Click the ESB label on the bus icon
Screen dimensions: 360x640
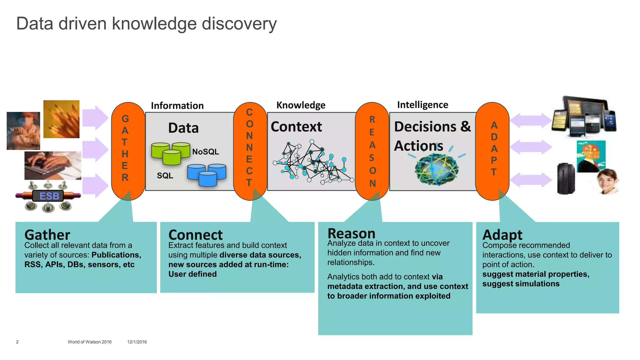tap(49, 196)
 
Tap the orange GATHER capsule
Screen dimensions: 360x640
tap(128, 151)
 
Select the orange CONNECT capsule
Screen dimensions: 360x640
tap(250, 151)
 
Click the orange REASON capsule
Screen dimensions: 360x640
tap(372, 151)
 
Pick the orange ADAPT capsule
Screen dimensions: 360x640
tap(492, 151)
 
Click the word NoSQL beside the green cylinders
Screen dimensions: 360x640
tap(205, 152)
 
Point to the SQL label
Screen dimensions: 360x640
tap(165, 176)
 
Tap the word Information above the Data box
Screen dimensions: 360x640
tap(177, 106)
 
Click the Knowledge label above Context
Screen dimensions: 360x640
tap(301, 105)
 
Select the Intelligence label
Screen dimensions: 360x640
tap(422, 105)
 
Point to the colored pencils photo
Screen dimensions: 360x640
tap(61, 119)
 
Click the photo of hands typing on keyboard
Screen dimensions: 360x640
tap(52, 165)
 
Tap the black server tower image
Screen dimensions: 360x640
tap(566, 179)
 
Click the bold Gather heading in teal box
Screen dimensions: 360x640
tap(47, 235)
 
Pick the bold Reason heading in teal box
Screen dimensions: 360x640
tap(351, 233)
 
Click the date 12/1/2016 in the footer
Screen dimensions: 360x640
tap(137, 342)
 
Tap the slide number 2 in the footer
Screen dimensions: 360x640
tap(17, 342)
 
